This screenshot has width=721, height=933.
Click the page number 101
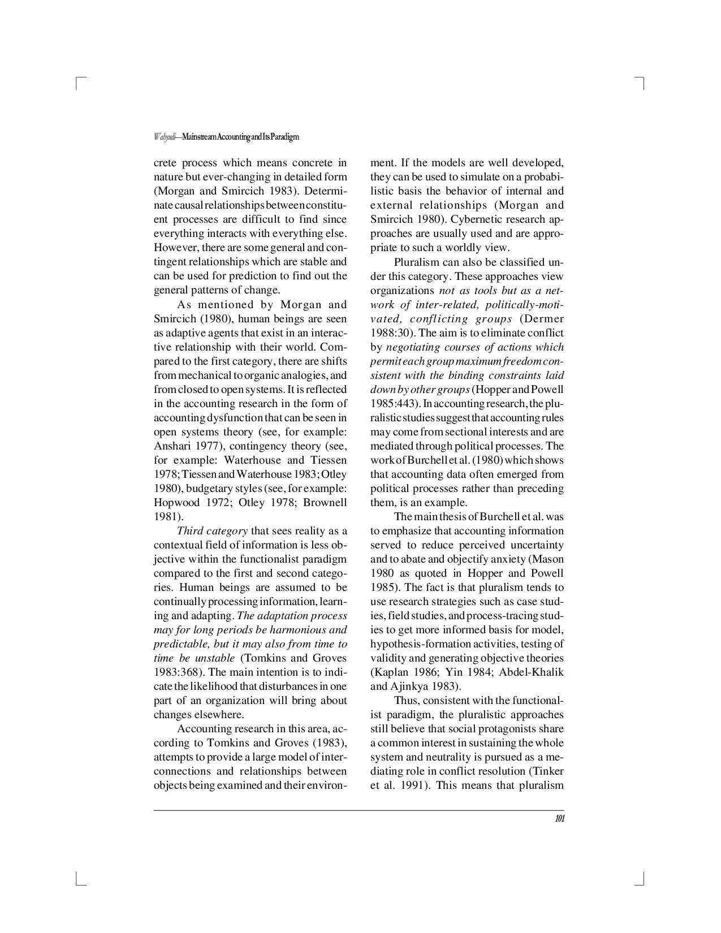[x=559, y=819]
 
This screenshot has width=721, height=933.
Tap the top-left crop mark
[x=79, y=83]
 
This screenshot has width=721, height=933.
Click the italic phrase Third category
[x=212, y=531]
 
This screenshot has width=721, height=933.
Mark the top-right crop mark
[x=642, y=83]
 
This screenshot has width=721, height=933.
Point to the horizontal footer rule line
[x=359, y=810]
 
